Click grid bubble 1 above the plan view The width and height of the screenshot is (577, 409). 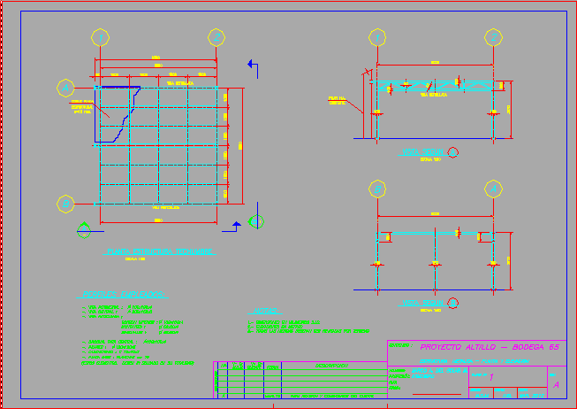click(x=100, y=37)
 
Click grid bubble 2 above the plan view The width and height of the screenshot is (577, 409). click(x=216, y=37)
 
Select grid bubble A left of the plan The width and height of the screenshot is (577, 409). click(x=65, y=87)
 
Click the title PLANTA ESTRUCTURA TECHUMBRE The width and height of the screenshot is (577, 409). click(x=159, y=251)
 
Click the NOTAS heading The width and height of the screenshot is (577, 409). click(x=263, y=312)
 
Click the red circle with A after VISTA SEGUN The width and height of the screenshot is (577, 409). click(x=453, y=152)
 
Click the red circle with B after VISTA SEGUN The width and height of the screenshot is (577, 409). click(x=453, y=304)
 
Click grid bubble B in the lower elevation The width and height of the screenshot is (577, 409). click(x=377, y=189)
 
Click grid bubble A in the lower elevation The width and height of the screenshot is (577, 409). click(x=493, y=189)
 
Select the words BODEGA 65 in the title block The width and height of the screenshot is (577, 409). click(x=535, y=347)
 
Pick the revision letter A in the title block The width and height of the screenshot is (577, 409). click(x=555, y=385)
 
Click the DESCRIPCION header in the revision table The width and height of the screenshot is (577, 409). click(x=330, y=367)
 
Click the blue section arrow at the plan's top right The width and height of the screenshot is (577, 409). click(x=253, y=65)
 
